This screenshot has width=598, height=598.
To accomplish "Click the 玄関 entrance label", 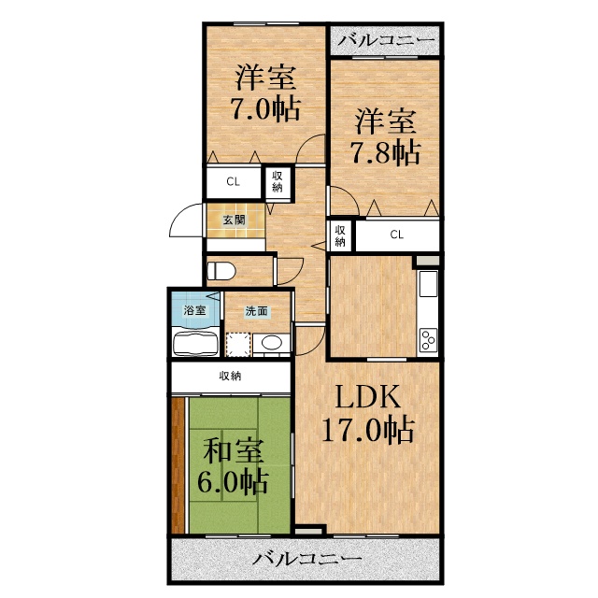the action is coord(234,221).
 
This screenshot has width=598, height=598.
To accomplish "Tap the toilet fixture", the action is coord(221,272).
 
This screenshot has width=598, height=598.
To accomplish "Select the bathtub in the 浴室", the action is coord(195,344).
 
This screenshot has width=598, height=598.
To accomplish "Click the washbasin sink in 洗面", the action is coord(272,343).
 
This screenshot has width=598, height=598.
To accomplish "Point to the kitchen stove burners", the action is coord(428,339).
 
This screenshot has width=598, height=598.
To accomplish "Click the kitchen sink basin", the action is coord(428,283).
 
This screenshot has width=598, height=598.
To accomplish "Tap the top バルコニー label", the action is coord(386,40).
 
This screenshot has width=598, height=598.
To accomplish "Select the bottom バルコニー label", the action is coord(306,560).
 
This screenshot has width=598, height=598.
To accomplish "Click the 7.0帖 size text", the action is coord(265,109).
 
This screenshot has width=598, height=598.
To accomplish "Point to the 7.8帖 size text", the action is coord(385,153).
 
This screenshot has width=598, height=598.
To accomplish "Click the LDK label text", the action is coord(367,396).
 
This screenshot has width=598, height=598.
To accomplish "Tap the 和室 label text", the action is coord(234,450).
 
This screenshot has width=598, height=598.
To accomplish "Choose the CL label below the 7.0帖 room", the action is coord(233,182).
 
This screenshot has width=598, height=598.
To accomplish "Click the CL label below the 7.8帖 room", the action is coord(396,235).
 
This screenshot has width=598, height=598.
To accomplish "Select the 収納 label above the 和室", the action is coord(230,377).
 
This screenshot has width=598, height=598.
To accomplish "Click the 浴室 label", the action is coord(195,310).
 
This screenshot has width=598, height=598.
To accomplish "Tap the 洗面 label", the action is coord(256,311).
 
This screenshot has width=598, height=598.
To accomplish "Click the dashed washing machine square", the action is coord(238,345).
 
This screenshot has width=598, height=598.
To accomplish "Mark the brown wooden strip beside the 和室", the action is coord(178,465).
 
